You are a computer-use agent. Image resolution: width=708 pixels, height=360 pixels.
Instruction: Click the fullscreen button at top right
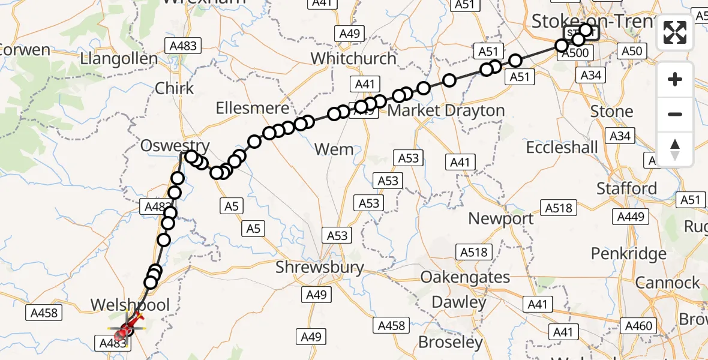pyautogui.click(x=675, y=32)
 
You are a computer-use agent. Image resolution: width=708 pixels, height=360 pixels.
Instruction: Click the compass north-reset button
pyautogui.click(x=675, y=149)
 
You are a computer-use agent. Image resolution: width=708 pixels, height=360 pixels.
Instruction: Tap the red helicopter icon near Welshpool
pyautogui.click(x=125, y=329)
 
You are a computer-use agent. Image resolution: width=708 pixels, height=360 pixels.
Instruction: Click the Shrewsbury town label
pyautogui.click(x=320, y=267)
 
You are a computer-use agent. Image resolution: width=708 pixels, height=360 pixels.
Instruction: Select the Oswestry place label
pyautogui.click(x=175, y=145)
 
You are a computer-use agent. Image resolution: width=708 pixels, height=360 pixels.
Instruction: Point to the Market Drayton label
pyautogui.click(x=446, y=111)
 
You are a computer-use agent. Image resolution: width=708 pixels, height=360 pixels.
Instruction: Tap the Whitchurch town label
pyautogui.click(x=353, y=59)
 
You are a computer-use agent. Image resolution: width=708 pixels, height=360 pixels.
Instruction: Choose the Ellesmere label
pyautogui.click(x=253, y=110)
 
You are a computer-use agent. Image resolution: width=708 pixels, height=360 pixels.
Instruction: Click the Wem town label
pyautogui.click(x=334, y=149)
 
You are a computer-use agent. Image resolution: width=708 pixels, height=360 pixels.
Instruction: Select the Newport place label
pyautogui.click(x=501, y=219)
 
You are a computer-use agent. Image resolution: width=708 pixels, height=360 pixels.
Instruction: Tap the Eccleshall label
pyautogui.click(x=562, y=148)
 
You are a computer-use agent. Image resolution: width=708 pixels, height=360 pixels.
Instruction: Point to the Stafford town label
pyautogui.click(x=626, y=188)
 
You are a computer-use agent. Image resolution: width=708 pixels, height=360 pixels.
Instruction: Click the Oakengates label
pyautogui.click(x=466, y=278)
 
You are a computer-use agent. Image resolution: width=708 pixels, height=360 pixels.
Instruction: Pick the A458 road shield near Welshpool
pyautogui.click(x=43, y=313)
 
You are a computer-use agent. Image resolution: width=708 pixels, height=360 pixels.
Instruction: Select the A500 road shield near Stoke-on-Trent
pyautogui.click(x=577, y=53)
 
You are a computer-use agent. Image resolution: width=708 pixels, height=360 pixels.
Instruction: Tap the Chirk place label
pyautogui.click(x=175, y=88)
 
